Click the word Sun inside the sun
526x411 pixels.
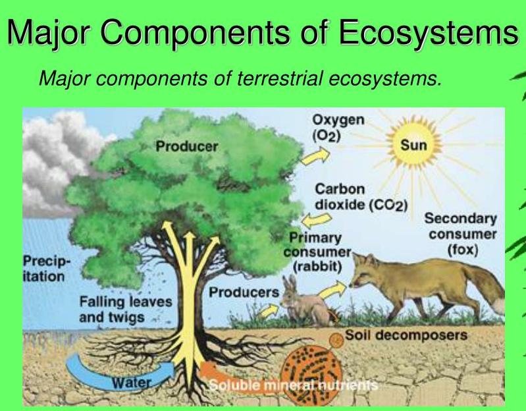[x=413, y=146]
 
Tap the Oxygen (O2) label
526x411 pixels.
[x=338, y=128]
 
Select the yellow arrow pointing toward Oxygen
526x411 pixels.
[x=315, y=156]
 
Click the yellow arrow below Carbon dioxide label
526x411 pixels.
[x=317, y=220]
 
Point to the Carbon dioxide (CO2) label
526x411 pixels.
[x=361, y=197]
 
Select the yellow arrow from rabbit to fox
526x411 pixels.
[x=332, y=290]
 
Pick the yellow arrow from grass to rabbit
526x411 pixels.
[x=269, y=311]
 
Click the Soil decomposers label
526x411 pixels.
[x=406, y=335]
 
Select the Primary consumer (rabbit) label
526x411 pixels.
[x=317, y=252]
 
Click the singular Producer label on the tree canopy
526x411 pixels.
[x=187, y=146]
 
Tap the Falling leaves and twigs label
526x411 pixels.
[x=126, y=310]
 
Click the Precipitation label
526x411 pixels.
[x=47, y=269]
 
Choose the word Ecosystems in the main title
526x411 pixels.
[x=429, y=32]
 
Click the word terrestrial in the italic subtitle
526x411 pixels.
[x=279, y=78]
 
